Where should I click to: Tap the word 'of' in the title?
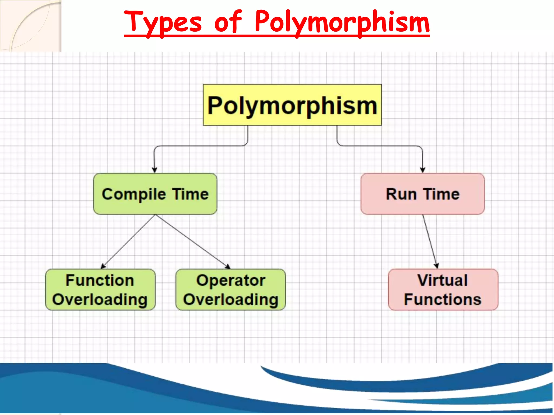228,22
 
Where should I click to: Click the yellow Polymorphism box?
292,105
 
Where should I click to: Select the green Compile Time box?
155,194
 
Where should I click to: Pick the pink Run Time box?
423,194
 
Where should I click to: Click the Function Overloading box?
100,290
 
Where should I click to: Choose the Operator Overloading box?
230,290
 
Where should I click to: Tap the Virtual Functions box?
443,290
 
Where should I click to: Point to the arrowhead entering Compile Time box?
154,170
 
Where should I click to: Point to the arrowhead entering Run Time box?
423,170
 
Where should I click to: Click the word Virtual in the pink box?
443,280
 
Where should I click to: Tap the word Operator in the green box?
230,280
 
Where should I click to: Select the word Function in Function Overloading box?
100,280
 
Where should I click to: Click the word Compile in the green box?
134,194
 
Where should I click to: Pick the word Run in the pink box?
401,194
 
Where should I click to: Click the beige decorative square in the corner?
31,26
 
